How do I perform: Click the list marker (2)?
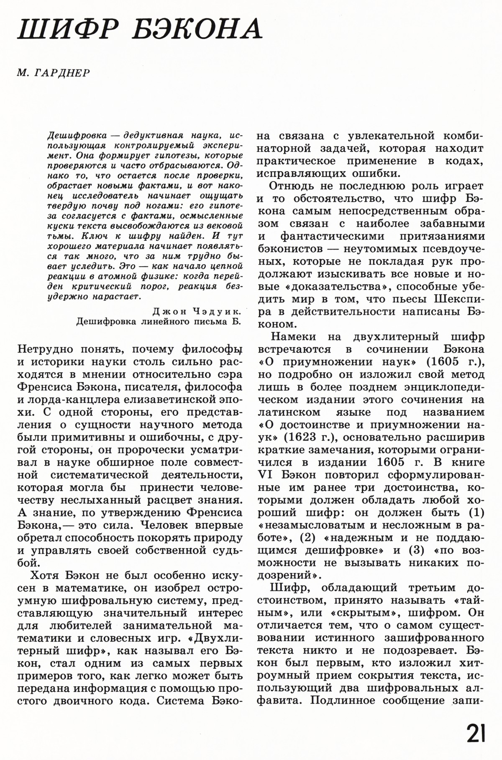pos(310,537)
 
